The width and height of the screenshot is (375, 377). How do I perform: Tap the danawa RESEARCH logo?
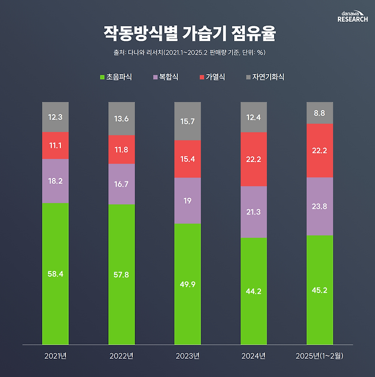[352, 16]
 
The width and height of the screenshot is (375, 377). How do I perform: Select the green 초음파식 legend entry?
[116, 76]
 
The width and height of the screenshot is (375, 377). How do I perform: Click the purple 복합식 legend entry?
[166, 76]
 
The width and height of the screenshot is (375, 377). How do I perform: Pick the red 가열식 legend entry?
[211, 76]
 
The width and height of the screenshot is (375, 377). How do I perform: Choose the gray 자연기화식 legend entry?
[264, 76]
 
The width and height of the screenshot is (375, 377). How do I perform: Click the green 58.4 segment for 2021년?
[55, 274]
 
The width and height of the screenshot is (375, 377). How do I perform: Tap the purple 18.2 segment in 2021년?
[55, 181]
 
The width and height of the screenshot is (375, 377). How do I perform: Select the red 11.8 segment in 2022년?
[121, 149]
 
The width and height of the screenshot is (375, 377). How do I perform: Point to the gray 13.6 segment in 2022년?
[121, 119]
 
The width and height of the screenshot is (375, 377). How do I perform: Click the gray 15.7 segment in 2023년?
[187, 121]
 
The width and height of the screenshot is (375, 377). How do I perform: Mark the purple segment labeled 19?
[187, 200]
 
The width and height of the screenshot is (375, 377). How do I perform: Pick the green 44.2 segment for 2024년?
[254, 291]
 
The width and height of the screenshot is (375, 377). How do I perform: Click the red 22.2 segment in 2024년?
[254, 159]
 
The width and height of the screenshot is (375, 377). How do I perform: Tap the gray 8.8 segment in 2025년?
[320, 113]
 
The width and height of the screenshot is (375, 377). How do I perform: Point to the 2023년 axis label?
[187, 356]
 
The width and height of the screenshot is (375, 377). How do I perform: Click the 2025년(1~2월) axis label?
[320, 356]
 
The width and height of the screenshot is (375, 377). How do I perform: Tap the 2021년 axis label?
[55, 356]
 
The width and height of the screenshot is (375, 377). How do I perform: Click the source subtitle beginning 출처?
[188, 53]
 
